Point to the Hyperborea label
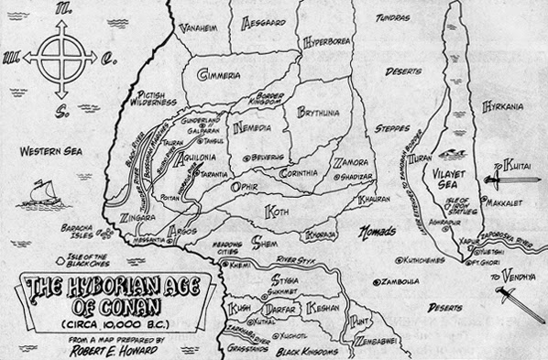pyautogui.click(x=334, y=41)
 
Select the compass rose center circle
pyautogui.click(x=58, y=58)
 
